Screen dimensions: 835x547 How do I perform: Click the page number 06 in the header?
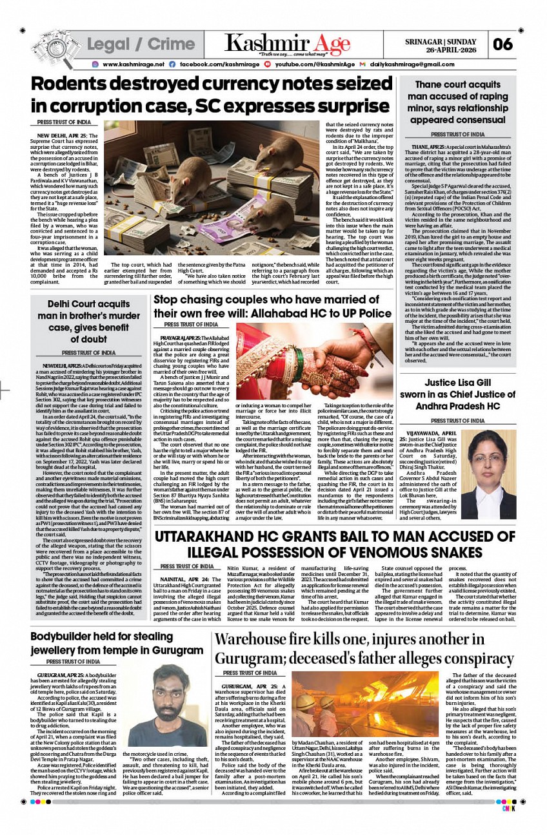point(502,44)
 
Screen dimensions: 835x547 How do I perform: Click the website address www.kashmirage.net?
point(134,64)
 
